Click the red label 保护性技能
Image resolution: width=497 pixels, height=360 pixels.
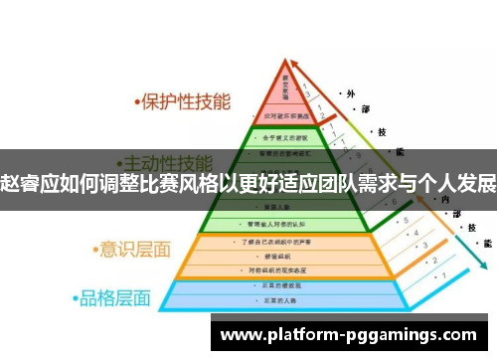pyautogui.click(x=188, y=101)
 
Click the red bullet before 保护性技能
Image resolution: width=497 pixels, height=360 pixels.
pyautogui.click(x=138, y=102)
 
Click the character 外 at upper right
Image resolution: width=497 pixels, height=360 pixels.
pyautogui.click(x=351, y=92)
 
